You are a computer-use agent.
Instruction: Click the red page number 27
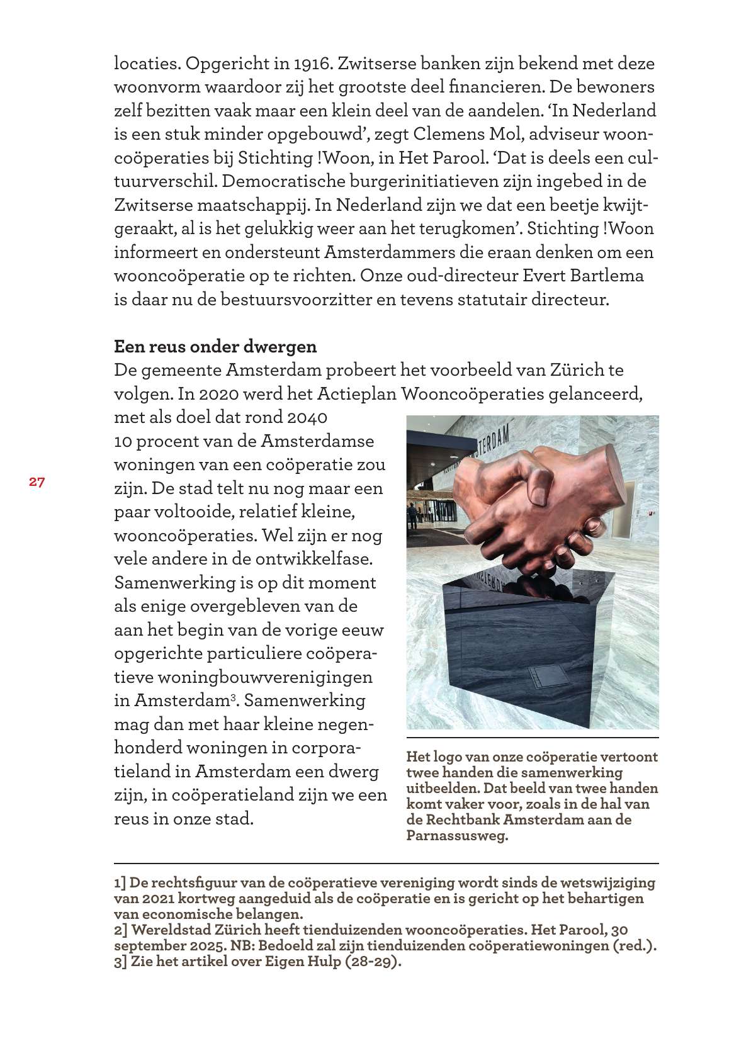[37, 482]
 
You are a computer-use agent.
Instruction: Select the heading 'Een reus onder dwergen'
[215, 346]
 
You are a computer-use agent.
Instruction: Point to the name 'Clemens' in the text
[451, 134]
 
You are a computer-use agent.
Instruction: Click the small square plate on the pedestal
[543, 679]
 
